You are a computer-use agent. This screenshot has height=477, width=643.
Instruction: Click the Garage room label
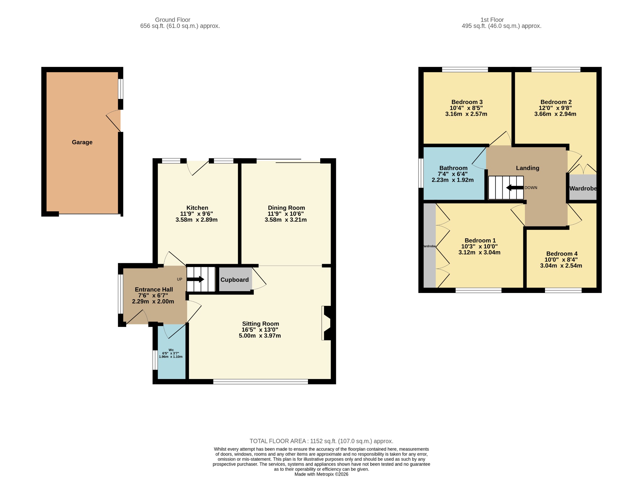82,142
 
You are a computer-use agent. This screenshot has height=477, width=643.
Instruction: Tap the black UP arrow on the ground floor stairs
195,279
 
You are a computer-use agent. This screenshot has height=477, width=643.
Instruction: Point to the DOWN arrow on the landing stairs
515,188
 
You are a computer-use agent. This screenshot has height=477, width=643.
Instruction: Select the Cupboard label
235,280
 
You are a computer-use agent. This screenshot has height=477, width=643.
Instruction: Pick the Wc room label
171,350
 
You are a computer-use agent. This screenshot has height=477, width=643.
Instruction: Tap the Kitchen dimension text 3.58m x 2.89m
197,220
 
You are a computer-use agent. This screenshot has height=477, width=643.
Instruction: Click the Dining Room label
286,208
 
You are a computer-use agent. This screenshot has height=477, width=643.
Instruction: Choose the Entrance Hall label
154,290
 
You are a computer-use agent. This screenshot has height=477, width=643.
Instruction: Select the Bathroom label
453,168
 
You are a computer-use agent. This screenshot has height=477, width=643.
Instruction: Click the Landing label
527,168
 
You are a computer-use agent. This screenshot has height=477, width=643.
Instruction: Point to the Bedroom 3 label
467,102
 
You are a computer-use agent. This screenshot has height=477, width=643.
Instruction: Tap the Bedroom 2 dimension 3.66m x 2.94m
555,114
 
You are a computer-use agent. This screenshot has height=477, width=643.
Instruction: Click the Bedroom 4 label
562,254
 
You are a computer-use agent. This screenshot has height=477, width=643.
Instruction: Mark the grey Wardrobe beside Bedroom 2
583,187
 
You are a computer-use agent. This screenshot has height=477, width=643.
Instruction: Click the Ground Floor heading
173,20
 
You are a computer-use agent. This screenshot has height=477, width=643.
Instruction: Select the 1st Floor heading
492,20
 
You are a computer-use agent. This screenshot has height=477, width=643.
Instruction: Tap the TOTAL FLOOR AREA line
321,441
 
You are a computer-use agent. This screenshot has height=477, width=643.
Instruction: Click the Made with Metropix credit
321,474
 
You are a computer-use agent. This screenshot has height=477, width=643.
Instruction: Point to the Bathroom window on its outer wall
421,173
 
